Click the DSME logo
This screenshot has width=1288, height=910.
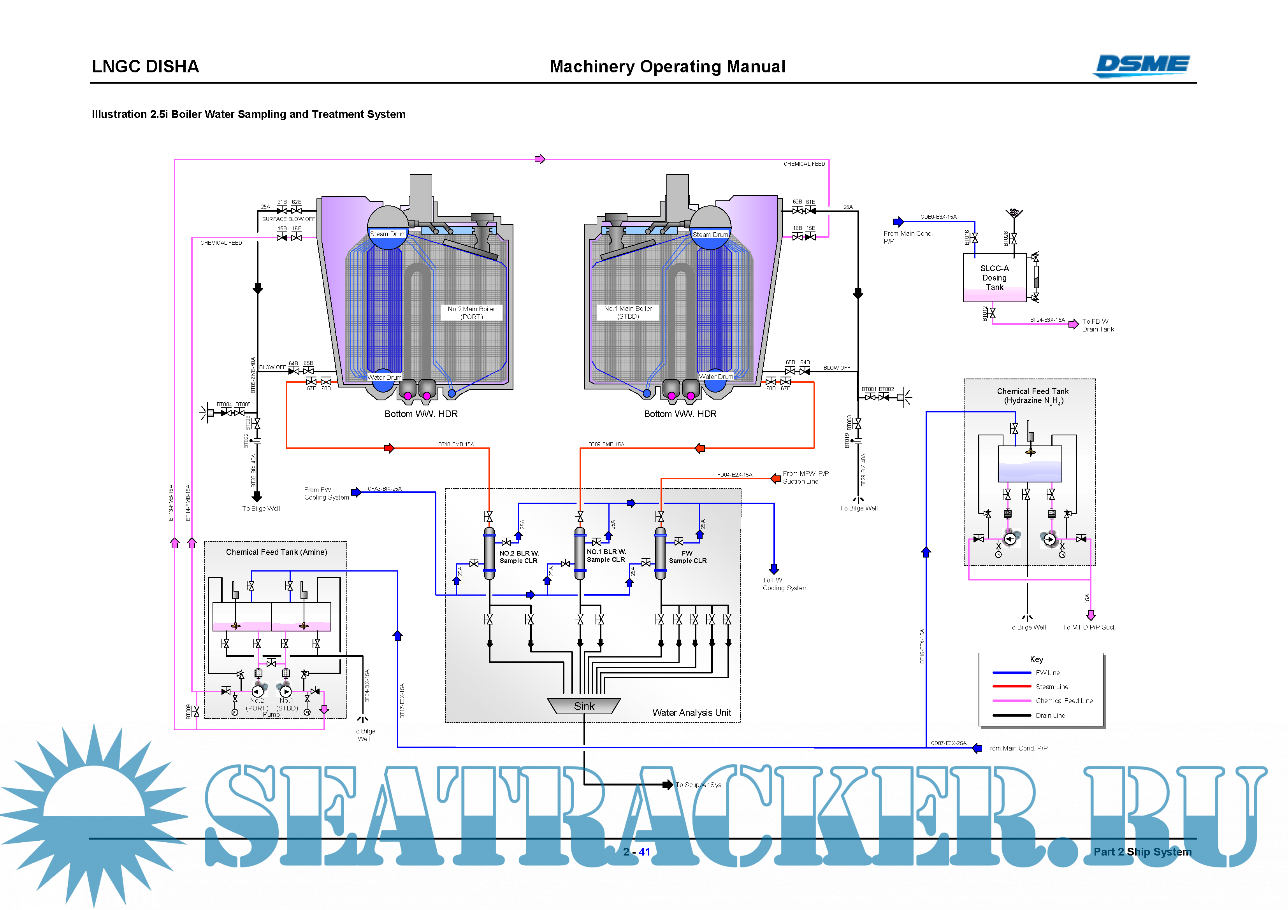coord(1142,66)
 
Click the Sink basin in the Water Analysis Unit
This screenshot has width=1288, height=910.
coord(583,706)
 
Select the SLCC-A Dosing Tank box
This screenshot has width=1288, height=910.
coord(994,277)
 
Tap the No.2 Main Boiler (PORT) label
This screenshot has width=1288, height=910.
coord(471,313)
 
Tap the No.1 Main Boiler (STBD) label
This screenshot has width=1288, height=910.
coord(628,312)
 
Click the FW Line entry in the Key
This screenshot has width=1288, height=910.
coord(1047,672)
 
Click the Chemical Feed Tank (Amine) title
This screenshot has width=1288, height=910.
coord(277,552)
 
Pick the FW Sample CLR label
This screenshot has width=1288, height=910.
coord(687,557)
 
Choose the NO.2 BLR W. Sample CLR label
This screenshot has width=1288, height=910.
coord(518,557)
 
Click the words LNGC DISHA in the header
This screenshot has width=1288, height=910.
coord(145,66)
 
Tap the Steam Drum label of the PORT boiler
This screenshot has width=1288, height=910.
coord(387,234)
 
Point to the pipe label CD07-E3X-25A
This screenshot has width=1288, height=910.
coord(948,743)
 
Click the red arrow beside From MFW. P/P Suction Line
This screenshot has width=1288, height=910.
coord(775,478)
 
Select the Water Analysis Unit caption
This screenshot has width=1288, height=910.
coord(691,713)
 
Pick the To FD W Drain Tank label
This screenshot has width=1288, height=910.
coord(1097,325)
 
